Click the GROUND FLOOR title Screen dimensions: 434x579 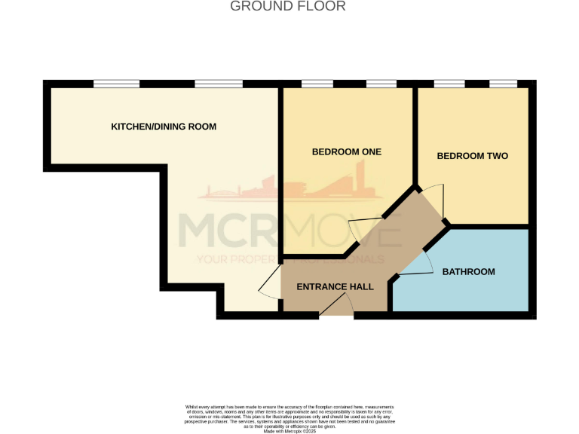(287, 7)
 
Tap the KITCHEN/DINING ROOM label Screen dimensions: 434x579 (164, 127)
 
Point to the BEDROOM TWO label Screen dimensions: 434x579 (473, 156)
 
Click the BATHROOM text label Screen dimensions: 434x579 (468, 271)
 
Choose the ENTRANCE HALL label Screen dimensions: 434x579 (331, 287)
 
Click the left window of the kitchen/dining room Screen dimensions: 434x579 (116, 83)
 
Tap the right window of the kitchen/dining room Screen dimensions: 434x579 (218, 83)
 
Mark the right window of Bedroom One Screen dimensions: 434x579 (381, 83)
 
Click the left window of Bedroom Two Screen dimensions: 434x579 (449, 83)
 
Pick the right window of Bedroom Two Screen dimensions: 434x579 (502, 83)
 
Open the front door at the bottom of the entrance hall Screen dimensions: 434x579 (336, 307)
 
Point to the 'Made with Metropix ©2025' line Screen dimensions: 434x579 (289, 429)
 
